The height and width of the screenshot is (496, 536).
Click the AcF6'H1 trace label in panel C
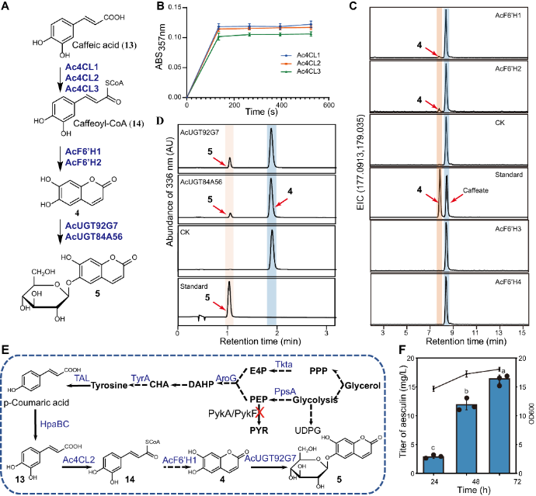[x=506, y=15]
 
